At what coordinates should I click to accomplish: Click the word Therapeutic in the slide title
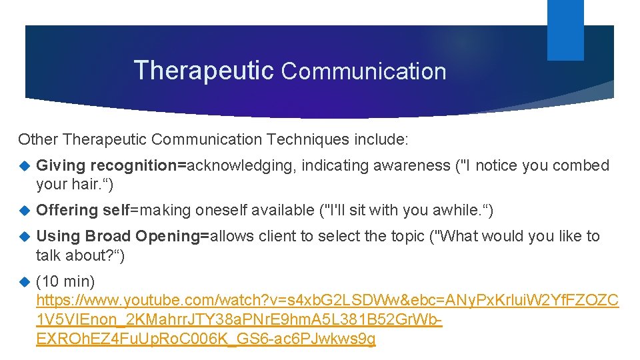tap(203, 70)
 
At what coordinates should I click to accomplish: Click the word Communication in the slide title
tap(363, 71)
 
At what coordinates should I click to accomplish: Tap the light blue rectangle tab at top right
tap(565, 30)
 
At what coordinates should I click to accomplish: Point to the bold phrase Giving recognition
tap(111, 165)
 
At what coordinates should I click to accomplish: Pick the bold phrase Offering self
tap(82, 210)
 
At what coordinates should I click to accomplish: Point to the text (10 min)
tap(65, 281)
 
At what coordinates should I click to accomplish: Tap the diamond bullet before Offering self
tap(25, 211)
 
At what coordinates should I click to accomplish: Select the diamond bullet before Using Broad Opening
tap(25, 237)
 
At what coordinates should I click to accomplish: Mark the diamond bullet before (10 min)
tap(25, 281)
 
